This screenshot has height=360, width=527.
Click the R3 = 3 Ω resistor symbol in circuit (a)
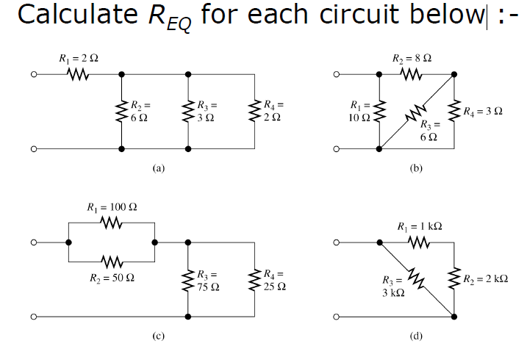(x=189, y=111)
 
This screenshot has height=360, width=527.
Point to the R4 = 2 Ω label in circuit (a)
(x=273, y=111)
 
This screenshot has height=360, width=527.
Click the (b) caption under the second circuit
(x=415, y=168)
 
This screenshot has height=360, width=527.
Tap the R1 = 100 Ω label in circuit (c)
(x=111, y=207)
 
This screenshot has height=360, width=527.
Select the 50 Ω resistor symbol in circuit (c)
(x=111, y=260)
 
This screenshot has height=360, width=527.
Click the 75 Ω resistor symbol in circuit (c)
(x=189, y=280)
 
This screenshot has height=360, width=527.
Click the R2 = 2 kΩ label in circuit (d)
(x=487, y=279)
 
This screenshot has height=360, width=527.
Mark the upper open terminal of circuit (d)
(x=337, y=242)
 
